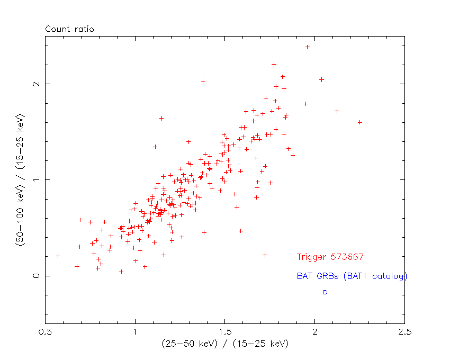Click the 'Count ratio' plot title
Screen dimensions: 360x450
(69, 29)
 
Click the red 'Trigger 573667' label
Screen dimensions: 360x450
(330, 257)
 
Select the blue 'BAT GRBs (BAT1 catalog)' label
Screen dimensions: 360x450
(352, 276)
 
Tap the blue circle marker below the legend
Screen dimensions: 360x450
(325, 292)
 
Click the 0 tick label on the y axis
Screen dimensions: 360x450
(35, 276)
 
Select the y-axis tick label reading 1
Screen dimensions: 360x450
(35, 180)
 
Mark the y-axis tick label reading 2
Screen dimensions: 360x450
(35, 84)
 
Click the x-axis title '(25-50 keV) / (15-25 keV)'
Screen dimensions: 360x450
(225, 344)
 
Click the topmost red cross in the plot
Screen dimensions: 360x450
(307, 47)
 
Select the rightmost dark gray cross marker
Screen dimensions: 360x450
(360, 122)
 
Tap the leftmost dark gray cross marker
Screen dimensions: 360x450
(58, 256)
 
